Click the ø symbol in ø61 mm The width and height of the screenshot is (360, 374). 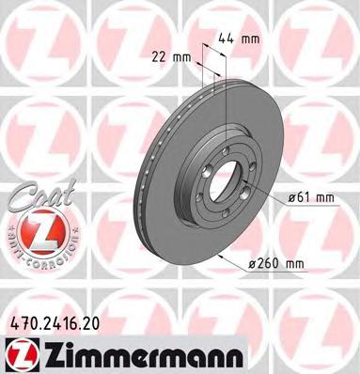click(x=291, y=197)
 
